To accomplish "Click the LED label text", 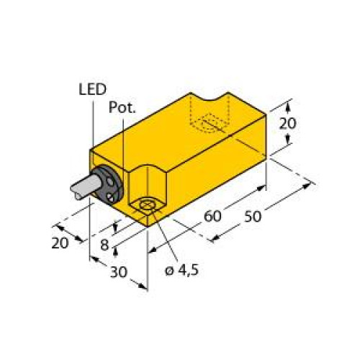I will pyautogui.click(x=91, y=89).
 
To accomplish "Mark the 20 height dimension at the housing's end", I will pyautogui.click(x=287, y=123).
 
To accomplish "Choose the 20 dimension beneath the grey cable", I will pyautogui.click(x=60, y=242).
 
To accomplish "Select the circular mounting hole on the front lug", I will pyautogui.click(x=148, y=208).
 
